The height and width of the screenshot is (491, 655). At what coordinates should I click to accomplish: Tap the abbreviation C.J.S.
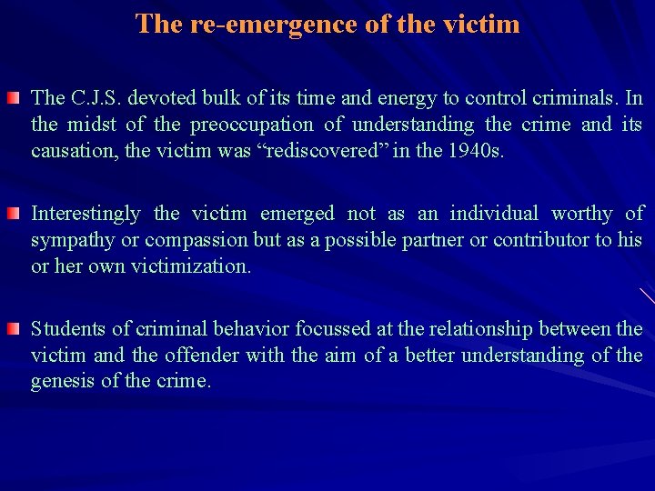tap(95, 97)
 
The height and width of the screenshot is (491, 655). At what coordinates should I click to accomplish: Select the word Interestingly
tap(86, 214)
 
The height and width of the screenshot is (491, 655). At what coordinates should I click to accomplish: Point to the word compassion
tap(191, 240)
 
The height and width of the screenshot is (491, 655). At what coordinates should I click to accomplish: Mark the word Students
tap(66, 328)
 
